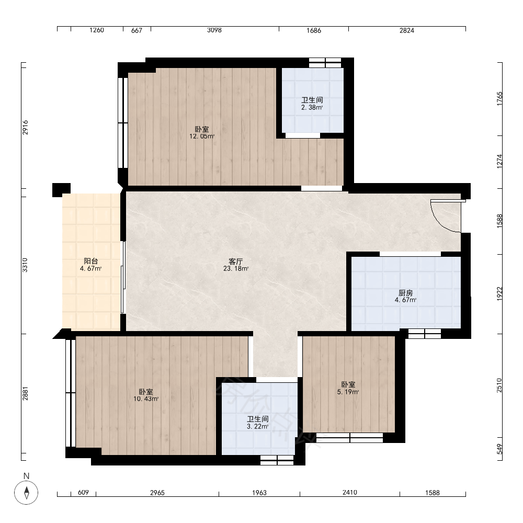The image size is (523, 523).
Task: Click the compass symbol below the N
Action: click(x=26, y=492)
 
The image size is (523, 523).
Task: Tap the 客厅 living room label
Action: click(x=236, y=261)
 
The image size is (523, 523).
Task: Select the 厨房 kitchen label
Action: click(x=406, y=293)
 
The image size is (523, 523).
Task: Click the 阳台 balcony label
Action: click(x=90, y=261)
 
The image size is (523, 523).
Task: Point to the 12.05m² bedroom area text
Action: click(x=202, y=136)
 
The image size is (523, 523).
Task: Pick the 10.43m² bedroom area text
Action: click(x=146, y=399)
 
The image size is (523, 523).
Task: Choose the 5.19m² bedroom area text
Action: click(x=348, y=392)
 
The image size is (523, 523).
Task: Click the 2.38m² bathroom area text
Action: click(x=312, y=107)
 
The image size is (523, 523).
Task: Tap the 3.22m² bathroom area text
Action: click(x=257, y=426)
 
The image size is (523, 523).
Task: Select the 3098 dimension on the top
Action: click(x=214, y=30)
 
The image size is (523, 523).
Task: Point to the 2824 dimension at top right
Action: click(x=406, y=30)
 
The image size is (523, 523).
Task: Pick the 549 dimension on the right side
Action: click(x=499, y=449)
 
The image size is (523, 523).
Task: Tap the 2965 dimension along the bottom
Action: click(x=157, y=493)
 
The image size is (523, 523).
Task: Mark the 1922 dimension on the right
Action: click(x=499, y=294)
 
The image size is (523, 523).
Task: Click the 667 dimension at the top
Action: click(x=137, y=30)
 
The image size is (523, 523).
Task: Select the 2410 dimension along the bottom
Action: click(x=349, y=492)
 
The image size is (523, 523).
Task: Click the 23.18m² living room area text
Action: click(x=236, y=268)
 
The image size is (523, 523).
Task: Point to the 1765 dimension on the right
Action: click(x=499, y=99)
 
